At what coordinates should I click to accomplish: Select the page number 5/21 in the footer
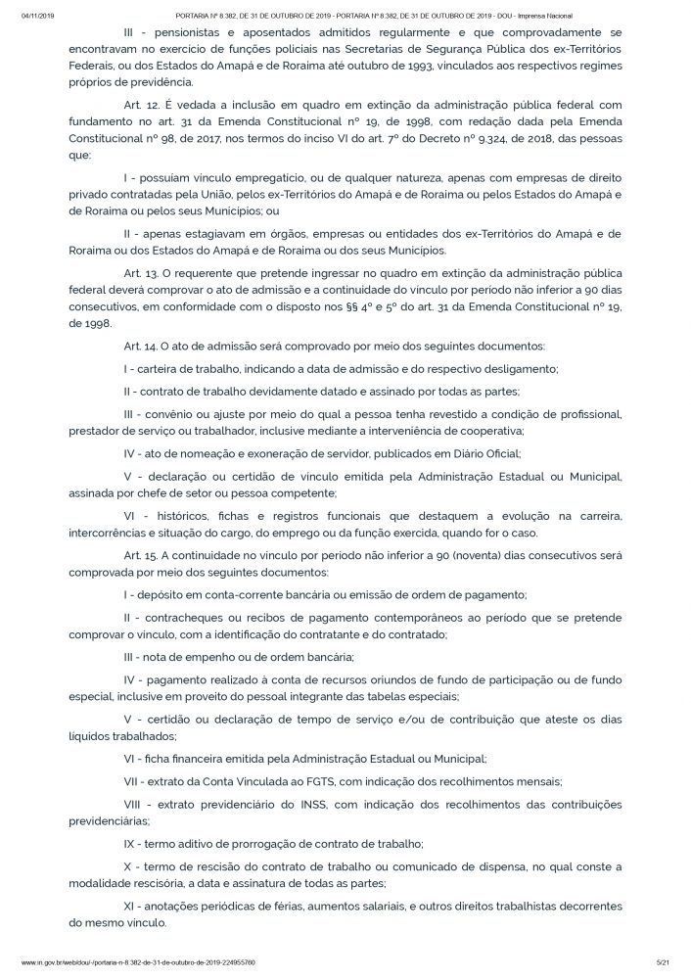662,962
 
